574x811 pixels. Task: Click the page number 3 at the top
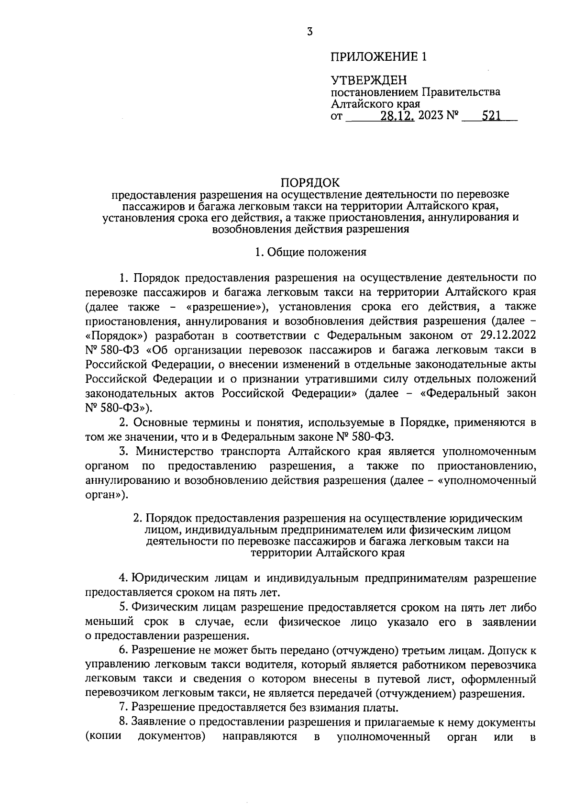310,32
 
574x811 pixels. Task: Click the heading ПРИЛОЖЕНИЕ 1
378,57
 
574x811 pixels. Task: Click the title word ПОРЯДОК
310,182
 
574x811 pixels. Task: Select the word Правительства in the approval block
460,92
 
